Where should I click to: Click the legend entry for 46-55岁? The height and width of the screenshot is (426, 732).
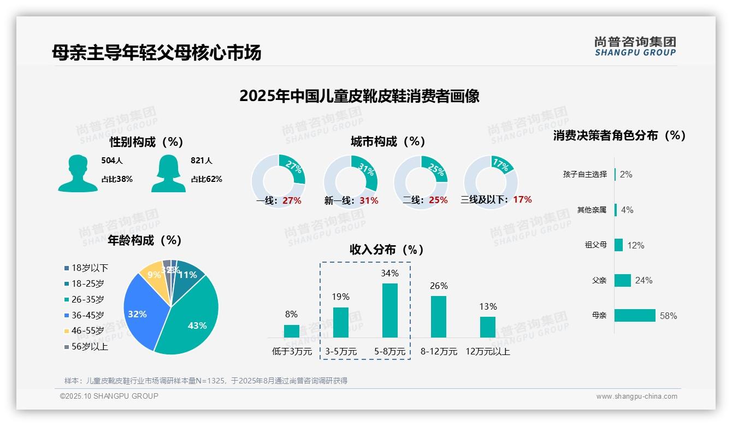point(87,331)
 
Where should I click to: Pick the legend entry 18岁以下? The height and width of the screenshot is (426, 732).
point(90,268)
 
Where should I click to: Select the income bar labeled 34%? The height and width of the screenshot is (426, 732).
point(389,310)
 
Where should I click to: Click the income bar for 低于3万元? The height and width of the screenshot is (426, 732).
point(292,331)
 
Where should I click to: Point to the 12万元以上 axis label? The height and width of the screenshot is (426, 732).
point(487,352)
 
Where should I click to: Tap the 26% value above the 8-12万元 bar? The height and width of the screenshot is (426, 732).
point(439,286)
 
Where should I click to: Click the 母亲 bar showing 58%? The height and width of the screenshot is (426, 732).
point(635,316)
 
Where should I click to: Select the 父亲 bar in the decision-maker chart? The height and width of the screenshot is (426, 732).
point(623,280)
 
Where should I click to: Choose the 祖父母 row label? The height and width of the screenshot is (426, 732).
point(595,245)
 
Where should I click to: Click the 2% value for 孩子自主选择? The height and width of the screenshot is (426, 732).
point(626,175)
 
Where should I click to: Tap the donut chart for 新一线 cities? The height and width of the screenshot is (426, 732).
point(350,182)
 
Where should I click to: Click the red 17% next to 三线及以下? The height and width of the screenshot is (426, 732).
point(522,199)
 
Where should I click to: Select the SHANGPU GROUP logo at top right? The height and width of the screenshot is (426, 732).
point(635,46)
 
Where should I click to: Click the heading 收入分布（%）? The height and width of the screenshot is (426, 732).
point(387,250)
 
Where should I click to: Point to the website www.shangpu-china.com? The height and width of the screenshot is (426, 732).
point(636,397)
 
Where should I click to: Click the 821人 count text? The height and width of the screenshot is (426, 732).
point(201,161)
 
